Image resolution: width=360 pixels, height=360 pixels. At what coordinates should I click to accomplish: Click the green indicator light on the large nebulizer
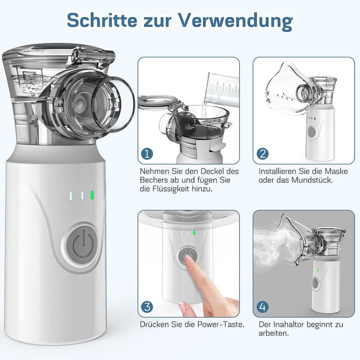click(92, 196)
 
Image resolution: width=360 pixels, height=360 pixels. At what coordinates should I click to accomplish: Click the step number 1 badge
click(147, 154)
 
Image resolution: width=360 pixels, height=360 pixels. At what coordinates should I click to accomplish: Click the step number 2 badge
click(262, 154)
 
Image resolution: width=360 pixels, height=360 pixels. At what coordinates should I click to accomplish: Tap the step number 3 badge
click(147, 307)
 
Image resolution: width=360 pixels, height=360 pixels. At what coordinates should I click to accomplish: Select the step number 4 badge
click(262, 307)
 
